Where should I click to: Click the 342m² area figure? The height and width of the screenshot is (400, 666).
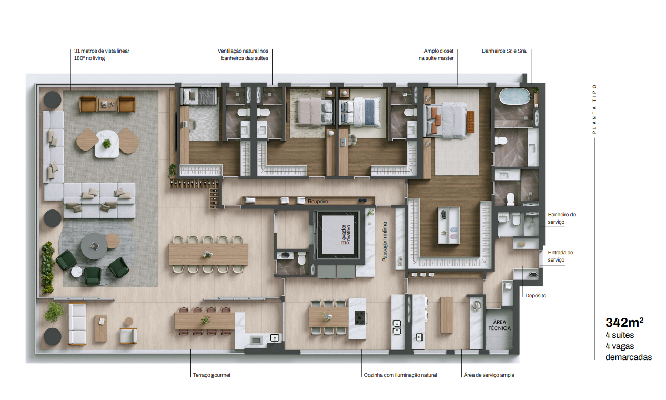point(624,323)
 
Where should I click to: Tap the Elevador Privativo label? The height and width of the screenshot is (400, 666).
point(346,235)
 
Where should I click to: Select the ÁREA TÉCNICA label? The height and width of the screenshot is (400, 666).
point(500,325)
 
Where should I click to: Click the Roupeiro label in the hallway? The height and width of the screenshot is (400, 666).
point(318,202)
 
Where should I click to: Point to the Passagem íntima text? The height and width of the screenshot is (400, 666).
point(385,242)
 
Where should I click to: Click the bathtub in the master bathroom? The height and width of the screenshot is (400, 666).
point(514,96)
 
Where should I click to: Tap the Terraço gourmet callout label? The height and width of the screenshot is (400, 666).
point(211,375)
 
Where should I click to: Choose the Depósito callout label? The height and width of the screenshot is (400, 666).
point(536,296)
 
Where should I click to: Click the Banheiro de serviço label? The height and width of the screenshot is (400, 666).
point(562,218)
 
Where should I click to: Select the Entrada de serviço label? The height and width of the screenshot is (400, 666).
point(560,256)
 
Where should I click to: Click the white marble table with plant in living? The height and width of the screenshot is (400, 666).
point(107,144)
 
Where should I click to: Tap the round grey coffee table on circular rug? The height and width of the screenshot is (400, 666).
point(94,246)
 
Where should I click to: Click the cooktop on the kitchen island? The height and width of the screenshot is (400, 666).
point(359,317)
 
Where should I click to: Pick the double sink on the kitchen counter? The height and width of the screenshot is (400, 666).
point(397,327)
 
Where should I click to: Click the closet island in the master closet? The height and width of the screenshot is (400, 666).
point(448,225)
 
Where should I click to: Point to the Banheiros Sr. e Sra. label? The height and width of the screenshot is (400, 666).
point(504,51)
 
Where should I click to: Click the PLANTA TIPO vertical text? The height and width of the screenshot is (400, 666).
point(594,109)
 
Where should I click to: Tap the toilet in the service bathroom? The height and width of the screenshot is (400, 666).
point(517,218)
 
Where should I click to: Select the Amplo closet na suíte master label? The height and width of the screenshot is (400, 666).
point(436,54)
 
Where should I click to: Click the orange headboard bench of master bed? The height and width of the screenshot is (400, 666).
point(470,122)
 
